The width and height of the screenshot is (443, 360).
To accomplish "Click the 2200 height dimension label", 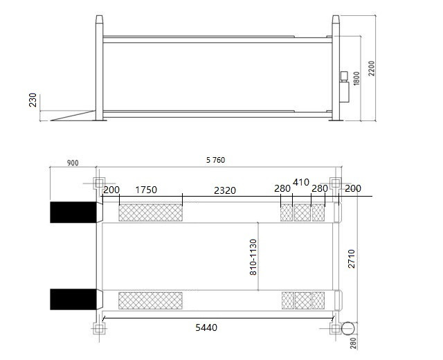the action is pyautogui.click(x=372, y=69).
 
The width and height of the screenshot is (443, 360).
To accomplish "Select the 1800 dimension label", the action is pyautogui.click(x=356, y=78).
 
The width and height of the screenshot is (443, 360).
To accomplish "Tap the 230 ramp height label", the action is pyautogui.click(x=33, y=100).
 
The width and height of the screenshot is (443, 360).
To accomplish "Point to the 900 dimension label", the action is pyautogui.click(x=73, y=163).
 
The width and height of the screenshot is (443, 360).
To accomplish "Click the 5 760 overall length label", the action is pyautogui.click(x=215, y=160).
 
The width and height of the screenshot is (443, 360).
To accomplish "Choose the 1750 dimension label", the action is pyautogui.click(x=146, y=190).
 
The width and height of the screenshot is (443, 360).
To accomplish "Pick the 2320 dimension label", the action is pyautogui.click(x=225, y=191).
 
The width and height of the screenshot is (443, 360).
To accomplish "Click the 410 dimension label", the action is pyautogui.click(x=301, y=182).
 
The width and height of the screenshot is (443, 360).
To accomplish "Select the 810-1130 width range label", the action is pyautogui.click(x=253, y=257).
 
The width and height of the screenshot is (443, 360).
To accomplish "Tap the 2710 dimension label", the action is pyautogui.click(x=351, y=258).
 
